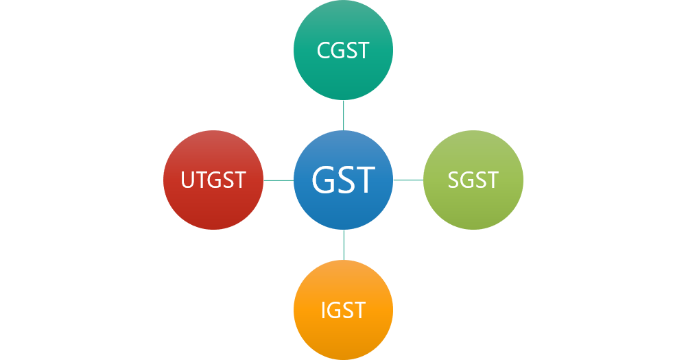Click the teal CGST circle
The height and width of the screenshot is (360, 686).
(x=344, y=50)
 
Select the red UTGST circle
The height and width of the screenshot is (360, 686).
(x=213, y=180)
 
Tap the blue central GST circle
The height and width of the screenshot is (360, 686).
(x=344, y=180)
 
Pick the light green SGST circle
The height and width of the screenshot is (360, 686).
(x=473, y=180)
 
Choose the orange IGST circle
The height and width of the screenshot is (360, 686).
(x=344, y=310)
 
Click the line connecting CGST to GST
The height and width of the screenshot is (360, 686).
(x=344, y=115)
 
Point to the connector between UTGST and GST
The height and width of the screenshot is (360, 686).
(x=279, y=180)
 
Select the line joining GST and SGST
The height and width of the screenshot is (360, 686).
(x=408, y=180)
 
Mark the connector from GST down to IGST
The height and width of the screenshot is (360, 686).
(x=344, y=245)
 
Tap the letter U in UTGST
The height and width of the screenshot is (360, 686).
(x=188, y=180)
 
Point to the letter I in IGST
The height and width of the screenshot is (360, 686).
(x=324, y=310)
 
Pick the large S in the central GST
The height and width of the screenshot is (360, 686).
(x=345, y=180)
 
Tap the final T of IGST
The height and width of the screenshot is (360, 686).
(x=358, y=310)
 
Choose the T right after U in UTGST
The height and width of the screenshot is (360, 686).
(x=202, y=180)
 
